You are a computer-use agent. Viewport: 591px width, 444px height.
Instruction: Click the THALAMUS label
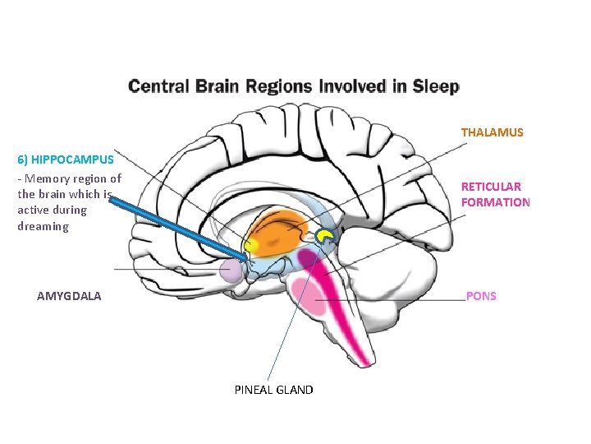pos(492,132)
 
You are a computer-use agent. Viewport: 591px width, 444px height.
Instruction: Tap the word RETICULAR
pos(491,187)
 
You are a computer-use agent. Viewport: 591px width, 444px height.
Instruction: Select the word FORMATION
pos(496,202)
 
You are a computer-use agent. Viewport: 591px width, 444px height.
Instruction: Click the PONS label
pos(481,296)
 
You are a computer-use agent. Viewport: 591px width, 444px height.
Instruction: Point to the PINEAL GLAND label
pos(273,390)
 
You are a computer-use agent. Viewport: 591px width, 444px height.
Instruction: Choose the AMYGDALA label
pos(69,296)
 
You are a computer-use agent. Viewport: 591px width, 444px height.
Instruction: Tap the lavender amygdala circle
pos(232,271)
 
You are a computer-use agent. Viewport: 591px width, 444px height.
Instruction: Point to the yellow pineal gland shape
pos(326,238)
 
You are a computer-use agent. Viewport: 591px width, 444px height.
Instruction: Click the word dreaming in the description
pos(43,226)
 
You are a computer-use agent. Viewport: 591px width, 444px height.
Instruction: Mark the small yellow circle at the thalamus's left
pos(251,245)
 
